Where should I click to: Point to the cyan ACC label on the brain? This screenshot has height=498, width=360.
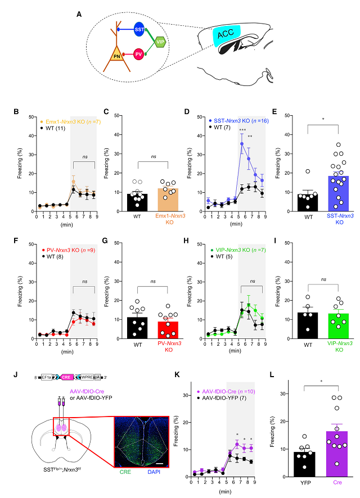[x=224, y=34]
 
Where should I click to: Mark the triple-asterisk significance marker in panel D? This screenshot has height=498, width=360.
[x=242, y=130]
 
